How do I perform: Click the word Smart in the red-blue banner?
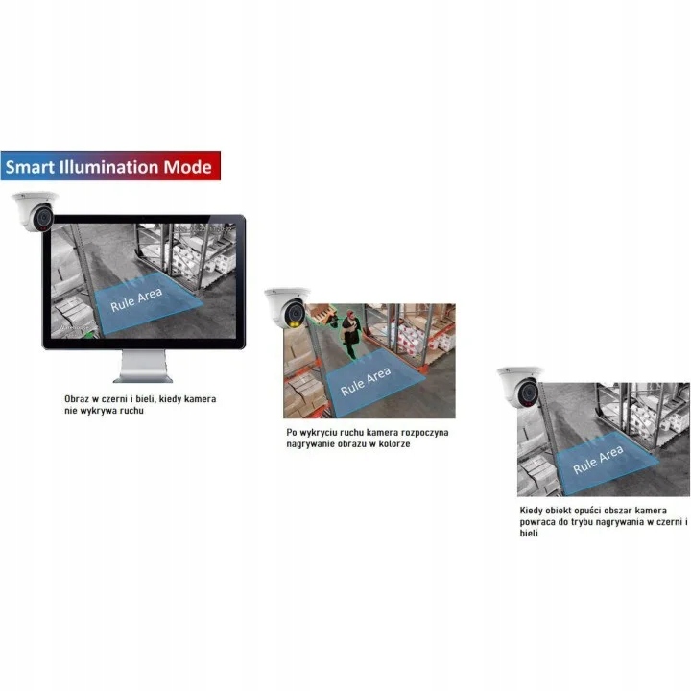pyautogui.click(x=30, y=167)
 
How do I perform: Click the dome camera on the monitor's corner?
pyautogui.click(x=35, y=211)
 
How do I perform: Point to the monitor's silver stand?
pyautogui.click(x=143, y=367)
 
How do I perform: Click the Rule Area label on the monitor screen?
pyautogui.click(x=136, y=299)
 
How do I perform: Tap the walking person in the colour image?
pyautogui.click(x=351, y=334)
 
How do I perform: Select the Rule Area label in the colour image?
pyautogui.click(x=366, y=381)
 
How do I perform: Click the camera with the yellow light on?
pyautogui.click(x=287, y=308)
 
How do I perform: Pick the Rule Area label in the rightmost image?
pyautogui.click(x=598, y=459)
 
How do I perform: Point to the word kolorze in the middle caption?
pyautogui.click(x=394, y=444)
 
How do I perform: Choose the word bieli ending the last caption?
pyautogui.click(x=529, y=534)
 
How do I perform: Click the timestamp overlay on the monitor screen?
pyautogui.click(x=202, y=229)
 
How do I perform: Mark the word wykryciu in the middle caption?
pyautogui.click(x=319, y=433)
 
